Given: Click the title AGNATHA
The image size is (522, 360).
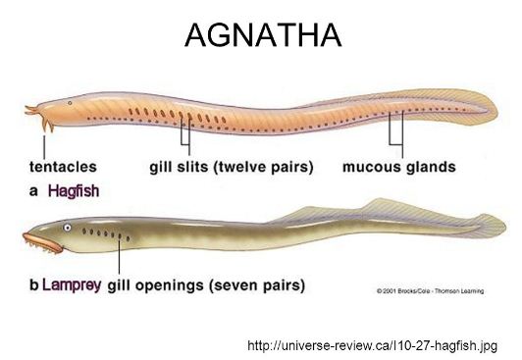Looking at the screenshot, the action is pyautogui.click(x=262, y=37).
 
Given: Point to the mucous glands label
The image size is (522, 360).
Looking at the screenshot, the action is pyautogui.click(x=398, y=168).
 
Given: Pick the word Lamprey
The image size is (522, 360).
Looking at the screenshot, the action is pyautogui.click(x=72, y=286).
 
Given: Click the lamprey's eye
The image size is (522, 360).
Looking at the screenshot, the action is pyautogui.click(x=66, y=228).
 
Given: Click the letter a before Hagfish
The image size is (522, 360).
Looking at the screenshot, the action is pyautogui.click(x=33, y=193).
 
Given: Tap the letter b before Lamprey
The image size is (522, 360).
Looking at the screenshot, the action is pyautogui.click(x=34, y=286).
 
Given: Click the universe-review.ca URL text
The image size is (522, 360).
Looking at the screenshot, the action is pyautogui.click(x=373, y=345).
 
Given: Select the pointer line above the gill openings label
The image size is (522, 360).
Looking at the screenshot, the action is pyautogui.click(x=120, y=256).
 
